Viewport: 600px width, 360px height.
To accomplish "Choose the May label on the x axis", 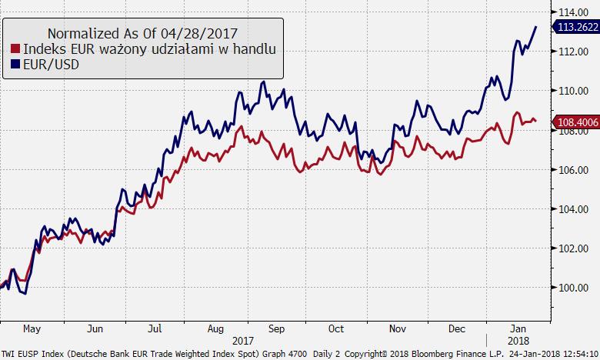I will pyautogui.click(x=32, y=328).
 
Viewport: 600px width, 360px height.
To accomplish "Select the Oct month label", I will pyautogui.click(x=336, y=328).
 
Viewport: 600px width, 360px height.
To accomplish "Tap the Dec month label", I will pyautogui.click(x=457, y=328).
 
